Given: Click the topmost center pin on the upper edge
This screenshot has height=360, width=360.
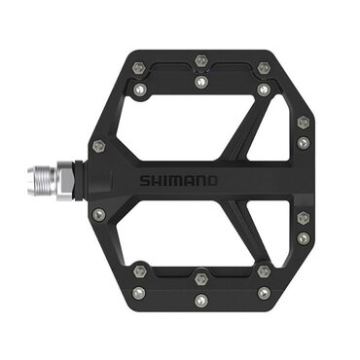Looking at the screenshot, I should click(x=200, y=60).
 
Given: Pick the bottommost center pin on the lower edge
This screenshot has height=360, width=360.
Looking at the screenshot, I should click(x=200, y=299).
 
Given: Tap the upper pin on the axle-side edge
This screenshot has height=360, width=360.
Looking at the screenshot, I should click(x=98, y=145).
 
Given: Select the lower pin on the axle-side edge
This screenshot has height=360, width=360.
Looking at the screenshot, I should click(x=98, y=213).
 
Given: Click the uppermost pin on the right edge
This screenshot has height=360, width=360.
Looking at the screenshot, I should click(x=304, y=123).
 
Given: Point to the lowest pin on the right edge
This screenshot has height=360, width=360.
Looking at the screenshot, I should click(x=304, y=236).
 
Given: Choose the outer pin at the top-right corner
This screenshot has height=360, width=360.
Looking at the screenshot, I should click(x=264, y=68).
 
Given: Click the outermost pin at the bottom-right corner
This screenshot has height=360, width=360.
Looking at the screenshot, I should click(x=264, y=291).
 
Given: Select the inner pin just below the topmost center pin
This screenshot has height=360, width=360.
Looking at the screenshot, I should click(x=200, y=83).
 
